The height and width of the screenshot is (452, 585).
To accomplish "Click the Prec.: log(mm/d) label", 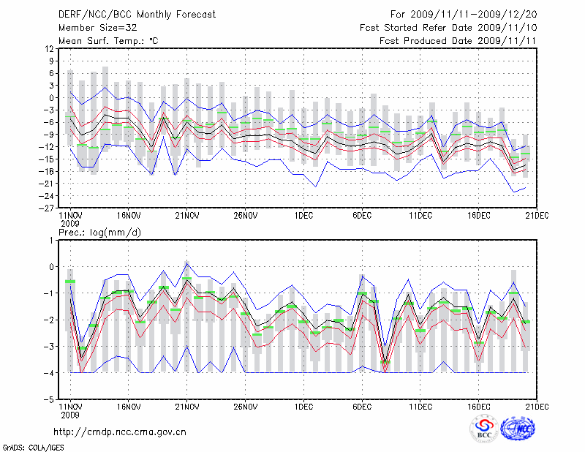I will point(99,233).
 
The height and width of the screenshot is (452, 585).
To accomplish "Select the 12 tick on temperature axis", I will point(49,48).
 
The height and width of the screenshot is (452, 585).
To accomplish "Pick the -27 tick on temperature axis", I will point(47,208).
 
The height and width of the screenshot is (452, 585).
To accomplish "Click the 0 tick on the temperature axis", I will point(51,97).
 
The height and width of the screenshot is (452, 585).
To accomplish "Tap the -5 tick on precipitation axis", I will point(50,400).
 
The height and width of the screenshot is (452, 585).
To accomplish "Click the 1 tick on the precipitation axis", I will point(51,240).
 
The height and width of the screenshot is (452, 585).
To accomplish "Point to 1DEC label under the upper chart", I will point(303,216).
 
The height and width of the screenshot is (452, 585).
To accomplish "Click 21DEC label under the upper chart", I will point(537,216).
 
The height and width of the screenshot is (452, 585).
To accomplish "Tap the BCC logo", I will point(484,429).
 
